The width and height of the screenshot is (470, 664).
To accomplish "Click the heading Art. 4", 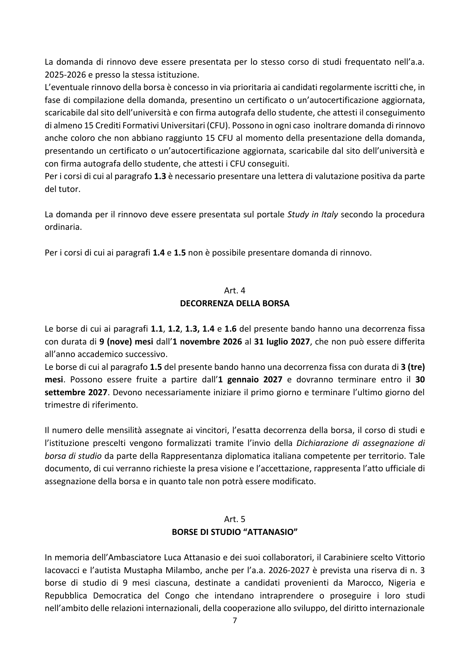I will point(234,290).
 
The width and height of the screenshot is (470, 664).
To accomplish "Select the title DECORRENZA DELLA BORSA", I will point(234,303).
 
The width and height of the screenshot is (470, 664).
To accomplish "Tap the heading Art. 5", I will point(234,519).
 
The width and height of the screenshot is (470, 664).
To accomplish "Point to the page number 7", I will point(234,620).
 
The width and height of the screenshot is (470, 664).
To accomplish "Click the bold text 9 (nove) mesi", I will point(126,341).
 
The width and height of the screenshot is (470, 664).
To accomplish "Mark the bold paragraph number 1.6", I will point(231,329).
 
